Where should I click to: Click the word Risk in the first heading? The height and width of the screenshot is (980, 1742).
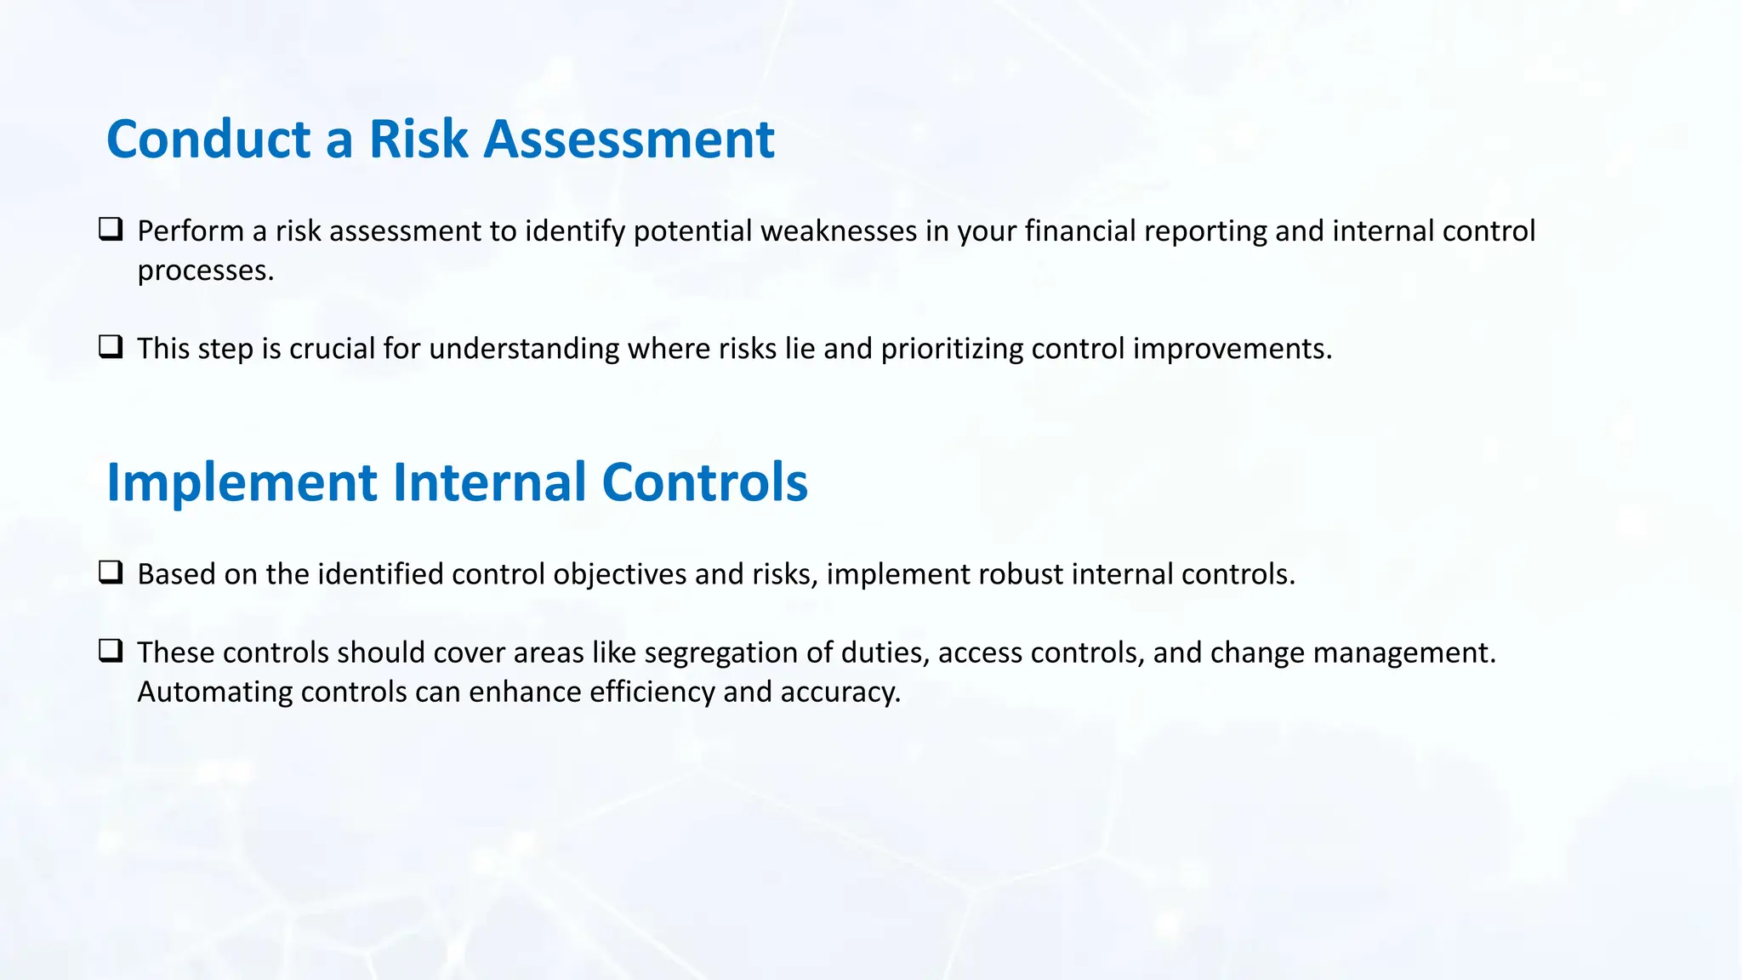pyautogui.click(x=418, y=139)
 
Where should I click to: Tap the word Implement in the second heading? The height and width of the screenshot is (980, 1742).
pyautogui.click(x=242, y=482)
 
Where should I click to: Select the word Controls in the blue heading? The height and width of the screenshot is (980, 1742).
pyautogui.click(x=704, y=482)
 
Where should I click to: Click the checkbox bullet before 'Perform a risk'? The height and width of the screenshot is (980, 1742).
pyautogui.click(x=111, y=230)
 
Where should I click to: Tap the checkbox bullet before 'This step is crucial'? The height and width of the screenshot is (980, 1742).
pyautogui.click(x=111, y=347)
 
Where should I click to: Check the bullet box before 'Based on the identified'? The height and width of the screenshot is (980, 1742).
pyautogui.click(x=111, y=573)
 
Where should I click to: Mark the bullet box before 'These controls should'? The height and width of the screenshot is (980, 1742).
pyautogui.click(x=111, y=651)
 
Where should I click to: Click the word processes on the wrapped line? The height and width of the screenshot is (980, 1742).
pyautogui.click(x=205, y=271)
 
